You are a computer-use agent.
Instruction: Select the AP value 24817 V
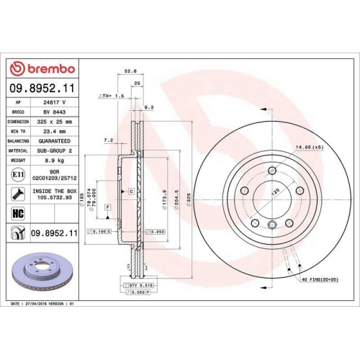pyautogui.click(x=53, y=103)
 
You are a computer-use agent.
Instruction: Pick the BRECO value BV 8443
pyautogui.click(x=53, y=112)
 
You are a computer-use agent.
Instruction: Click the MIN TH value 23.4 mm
pyautogui.click(x=53, y=131)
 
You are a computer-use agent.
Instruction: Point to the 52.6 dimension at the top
pyautogui.click(x=130, y=72)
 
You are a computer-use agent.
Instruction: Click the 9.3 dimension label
pyautogui.click(x=149, y=107)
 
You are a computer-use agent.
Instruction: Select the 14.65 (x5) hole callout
pyautogui.click(x=307, y=148)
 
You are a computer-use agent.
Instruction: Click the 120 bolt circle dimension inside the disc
pyautogui.click(x=274, y=193)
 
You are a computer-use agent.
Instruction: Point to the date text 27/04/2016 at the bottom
pyautogui.click(x=45, y=305)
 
